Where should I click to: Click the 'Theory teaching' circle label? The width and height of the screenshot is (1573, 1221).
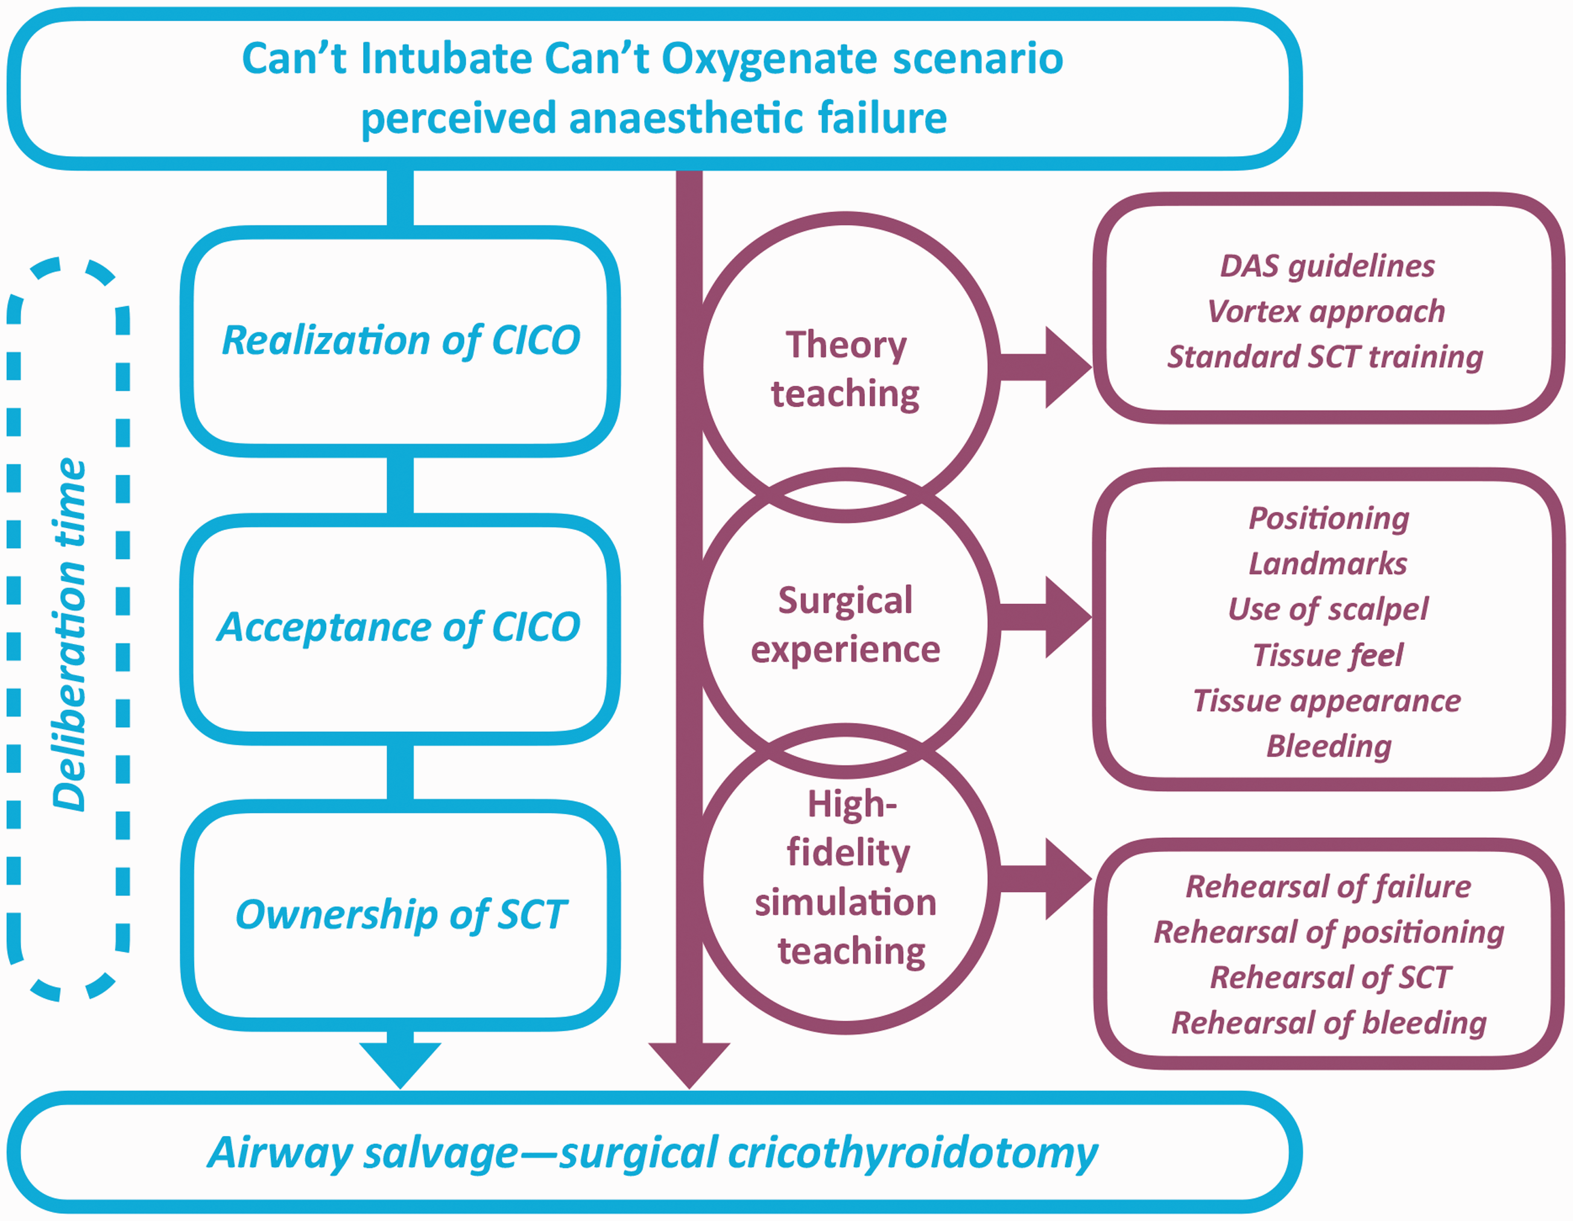point(846,368)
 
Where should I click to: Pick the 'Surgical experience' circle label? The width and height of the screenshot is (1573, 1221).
point(846,625)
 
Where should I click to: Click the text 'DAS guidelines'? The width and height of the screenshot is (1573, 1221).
point(1328,266)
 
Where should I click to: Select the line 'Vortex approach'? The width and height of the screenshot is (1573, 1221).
point(1327,311)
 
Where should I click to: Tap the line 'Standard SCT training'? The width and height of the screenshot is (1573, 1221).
point(1326,356)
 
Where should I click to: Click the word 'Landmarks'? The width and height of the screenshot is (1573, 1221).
point(1328,563)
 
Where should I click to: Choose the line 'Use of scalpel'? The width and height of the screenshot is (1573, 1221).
point(1328,609)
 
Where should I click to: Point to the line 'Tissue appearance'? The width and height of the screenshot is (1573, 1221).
point(1328,701)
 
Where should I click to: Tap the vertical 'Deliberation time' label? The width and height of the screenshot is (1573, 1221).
point(70,635)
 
